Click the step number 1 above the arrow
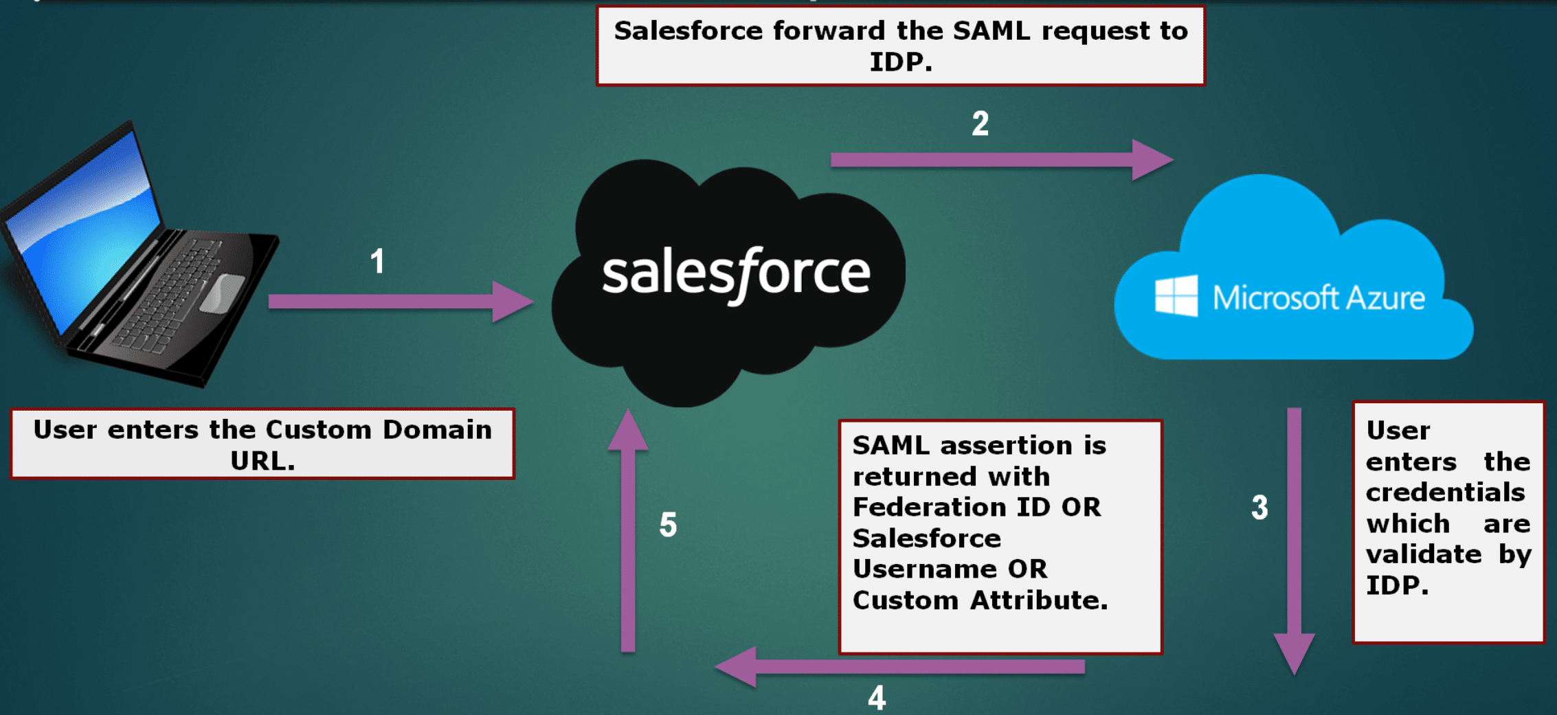coord(377,262)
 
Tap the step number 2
coord(981,124)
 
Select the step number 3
coord(1259,508)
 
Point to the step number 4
coord(877,698)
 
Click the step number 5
coord(668,525)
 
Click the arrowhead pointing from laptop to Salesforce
coord(512,302)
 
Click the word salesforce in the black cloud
coord(736,273)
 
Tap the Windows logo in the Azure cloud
coord(1176,296)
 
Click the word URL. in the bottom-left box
coord(262,461)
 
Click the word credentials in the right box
coord(1445,492)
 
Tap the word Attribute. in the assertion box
coord(1039,600)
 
